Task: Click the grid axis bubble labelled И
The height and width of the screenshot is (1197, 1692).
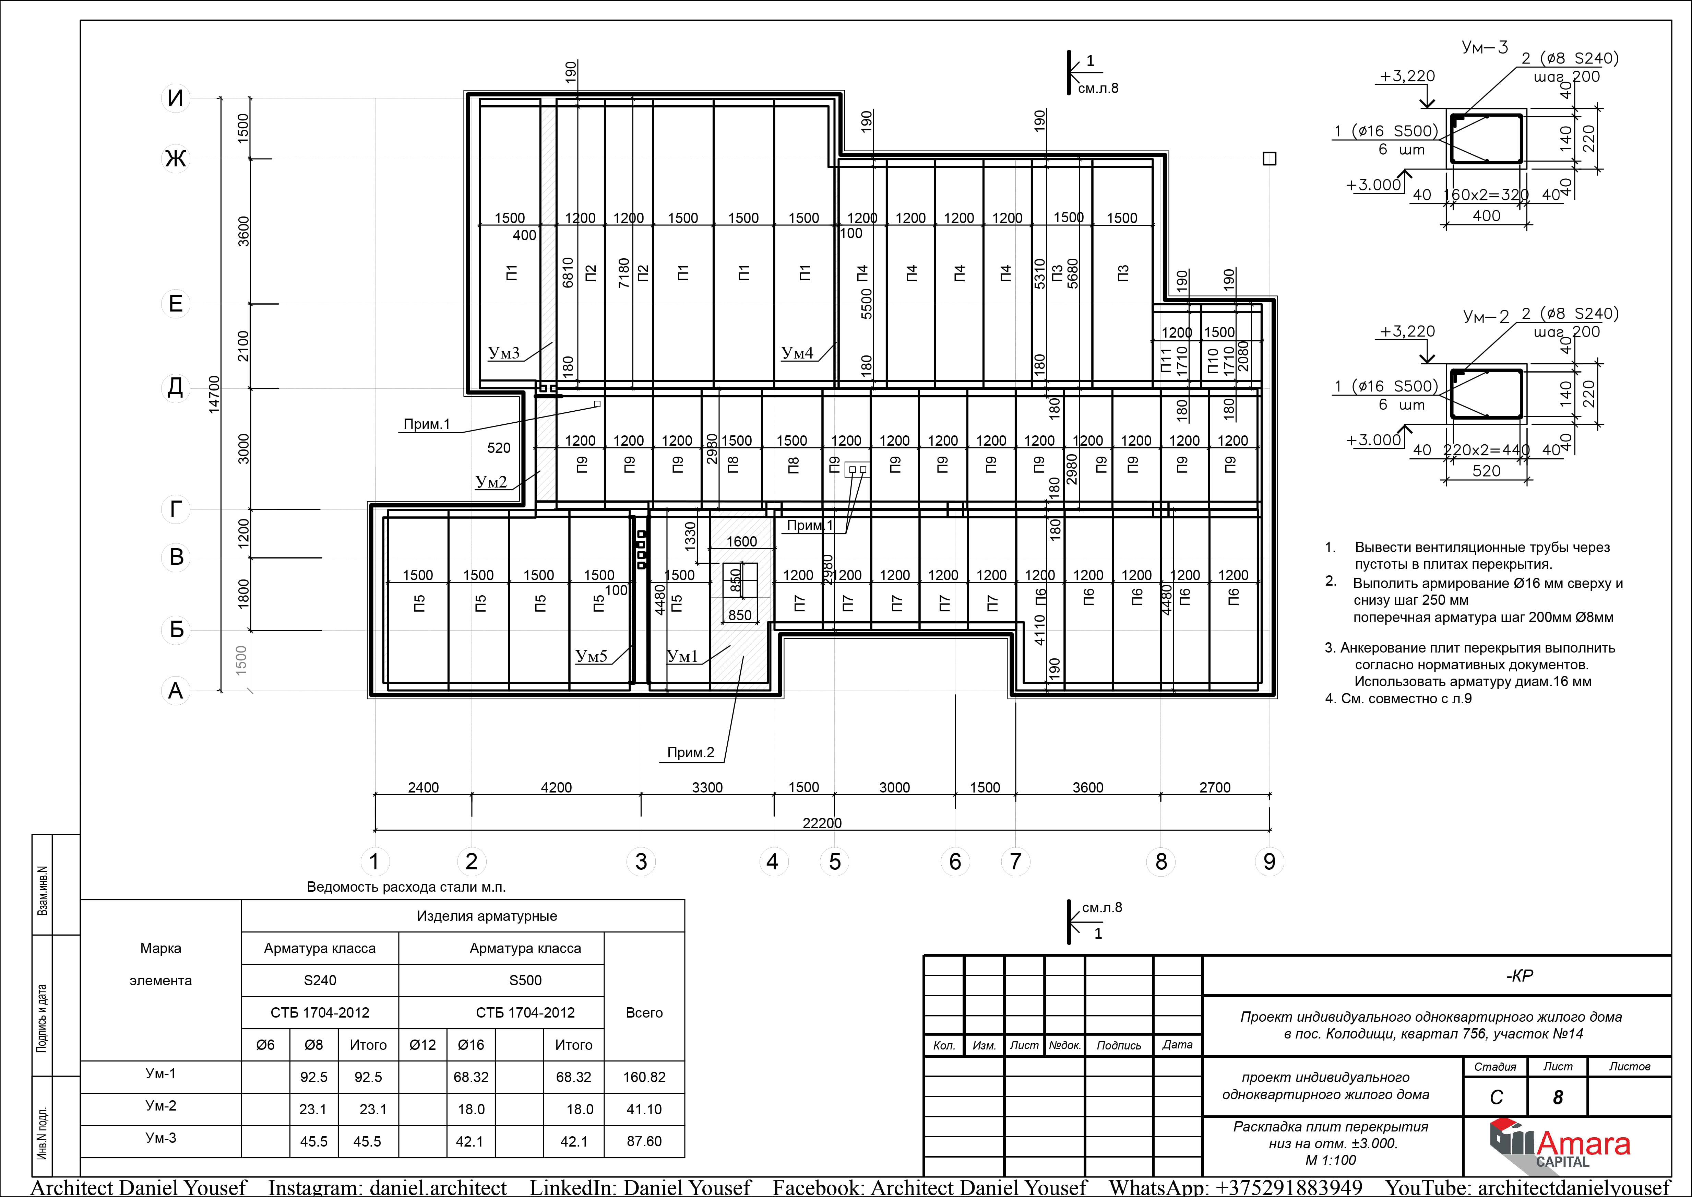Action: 175,98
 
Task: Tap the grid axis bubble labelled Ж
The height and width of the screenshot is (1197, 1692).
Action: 175,159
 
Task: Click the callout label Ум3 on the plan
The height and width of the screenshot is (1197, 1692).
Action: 504,353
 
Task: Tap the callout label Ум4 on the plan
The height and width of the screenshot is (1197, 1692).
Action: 797,353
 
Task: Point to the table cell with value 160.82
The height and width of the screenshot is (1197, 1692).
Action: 644,1077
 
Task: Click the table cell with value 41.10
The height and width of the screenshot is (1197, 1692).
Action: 644,1109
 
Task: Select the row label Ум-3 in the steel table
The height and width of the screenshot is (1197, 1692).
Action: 160,1138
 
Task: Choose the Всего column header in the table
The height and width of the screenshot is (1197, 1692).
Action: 644,1013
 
